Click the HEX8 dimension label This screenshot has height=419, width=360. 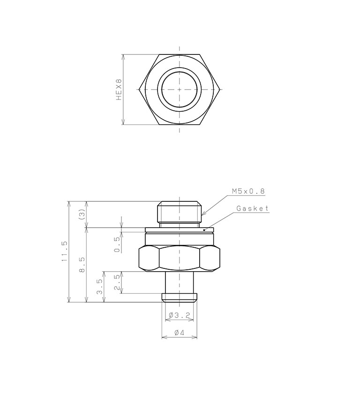[119, 89]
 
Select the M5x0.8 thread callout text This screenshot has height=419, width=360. [248, 191]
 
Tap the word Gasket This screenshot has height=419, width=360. [253, 208]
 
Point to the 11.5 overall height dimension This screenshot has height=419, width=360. [65, 251]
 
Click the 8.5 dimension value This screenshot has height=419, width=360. [82, 265]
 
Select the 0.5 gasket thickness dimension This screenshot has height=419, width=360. [117, 244]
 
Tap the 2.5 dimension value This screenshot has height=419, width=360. [117, 282]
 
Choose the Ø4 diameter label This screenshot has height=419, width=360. [179, 332]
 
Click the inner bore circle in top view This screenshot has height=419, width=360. [180, 89]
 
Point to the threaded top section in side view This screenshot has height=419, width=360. [180, 212]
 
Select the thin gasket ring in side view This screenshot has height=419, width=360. [180, 230]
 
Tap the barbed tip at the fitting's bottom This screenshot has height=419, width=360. [180, 297]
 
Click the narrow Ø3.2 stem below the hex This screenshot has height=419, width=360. [180, 282]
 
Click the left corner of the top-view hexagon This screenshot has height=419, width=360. [140, 89]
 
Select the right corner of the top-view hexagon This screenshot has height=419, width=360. [220, 89]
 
